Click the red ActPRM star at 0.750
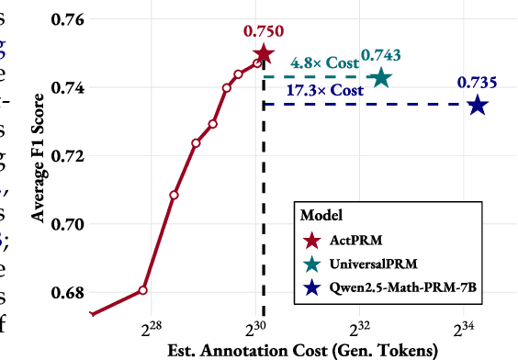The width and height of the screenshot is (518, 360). tap(264, 54)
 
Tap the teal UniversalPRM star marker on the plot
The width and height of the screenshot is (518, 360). tap(380, 79)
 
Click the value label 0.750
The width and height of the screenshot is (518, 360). tap(264, 31)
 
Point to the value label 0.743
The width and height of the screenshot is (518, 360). tap(380, 56)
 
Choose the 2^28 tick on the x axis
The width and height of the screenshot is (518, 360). tap(151, 328)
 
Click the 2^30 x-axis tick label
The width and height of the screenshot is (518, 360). tap(255, 328)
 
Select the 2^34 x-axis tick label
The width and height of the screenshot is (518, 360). tap(464, 328)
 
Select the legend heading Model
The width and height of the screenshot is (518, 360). tap(321, 216)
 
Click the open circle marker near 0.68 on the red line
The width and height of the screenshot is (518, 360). tap(143, 289)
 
